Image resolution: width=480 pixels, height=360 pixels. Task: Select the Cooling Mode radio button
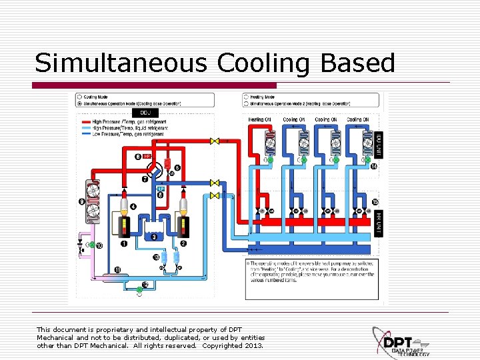coord(80,97)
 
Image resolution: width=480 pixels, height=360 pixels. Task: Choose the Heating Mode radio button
coord(246,97)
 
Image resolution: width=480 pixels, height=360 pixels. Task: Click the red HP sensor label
coord(147,156)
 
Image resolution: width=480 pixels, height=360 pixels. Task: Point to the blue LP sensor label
coord(160,189)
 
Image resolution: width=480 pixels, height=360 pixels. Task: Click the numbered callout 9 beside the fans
coord(81,201)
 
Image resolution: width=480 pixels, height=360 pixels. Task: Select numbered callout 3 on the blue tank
coord(154,237)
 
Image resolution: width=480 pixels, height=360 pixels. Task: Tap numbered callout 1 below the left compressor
coord(124,245)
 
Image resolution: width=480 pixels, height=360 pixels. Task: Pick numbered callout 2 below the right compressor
coord(183,245)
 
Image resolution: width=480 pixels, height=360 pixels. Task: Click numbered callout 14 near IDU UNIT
coord(374,166)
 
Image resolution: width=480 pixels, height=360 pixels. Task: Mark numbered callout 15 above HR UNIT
coord(375,202)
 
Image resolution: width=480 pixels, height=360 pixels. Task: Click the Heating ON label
coord(259,120)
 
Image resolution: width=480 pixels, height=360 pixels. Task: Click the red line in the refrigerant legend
coord(86,122)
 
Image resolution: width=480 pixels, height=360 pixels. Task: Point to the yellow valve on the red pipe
coord(215,141)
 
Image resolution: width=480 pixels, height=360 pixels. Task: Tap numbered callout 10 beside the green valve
coord(99,246)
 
